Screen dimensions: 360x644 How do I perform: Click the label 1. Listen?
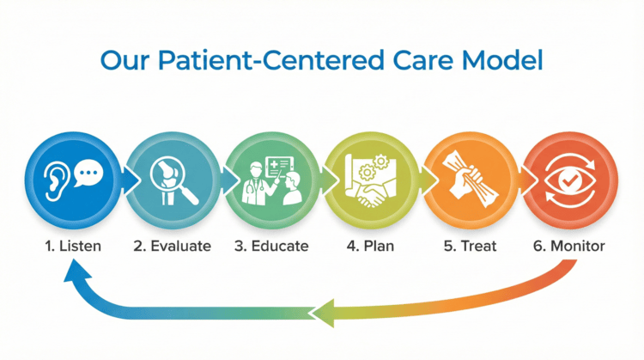(73, 246)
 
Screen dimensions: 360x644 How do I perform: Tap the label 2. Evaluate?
(173, 246)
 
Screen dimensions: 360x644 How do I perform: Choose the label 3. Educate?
(272, 246)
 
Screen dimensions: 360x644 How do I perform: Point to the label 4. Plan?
(371, 246)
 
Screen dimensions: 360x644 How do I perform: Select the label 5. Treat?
(471, 246)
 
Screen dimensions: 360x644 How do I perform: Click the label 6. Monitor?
(568, 246)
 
